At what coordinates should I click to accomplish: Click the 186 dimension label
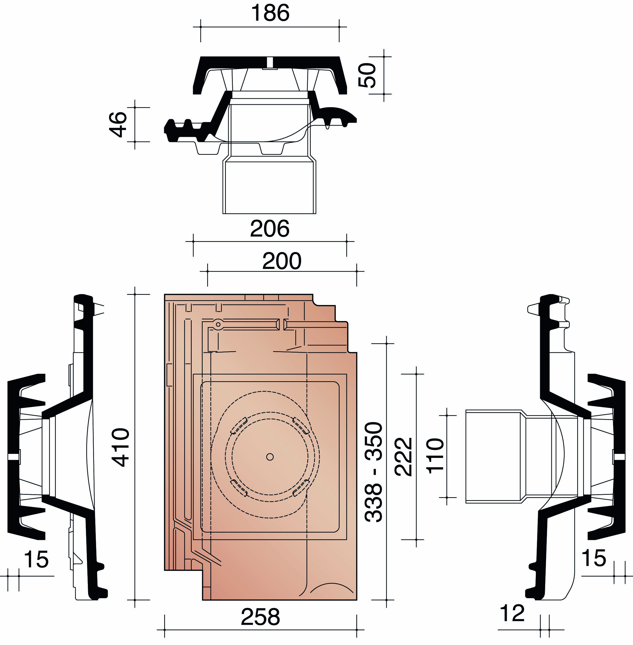click(270, 13)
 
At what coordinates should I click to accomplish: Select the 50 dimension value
click(367, 75)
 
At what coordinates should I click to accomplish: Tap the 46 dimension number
click(118, 125)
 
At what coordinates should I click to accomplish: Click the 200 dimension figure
click(282, 261)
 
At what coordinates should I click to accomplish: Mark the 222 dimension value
click(403, 457)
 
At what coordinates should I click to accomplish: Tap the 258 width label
click(260, 617)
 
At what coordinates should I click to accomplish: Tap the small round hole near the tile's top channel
click(218, 324)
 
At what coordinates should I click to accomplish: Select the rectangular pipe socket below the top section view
click(269, 187)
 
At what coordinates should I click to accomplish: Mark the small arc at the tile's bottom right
click(332, 590)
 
